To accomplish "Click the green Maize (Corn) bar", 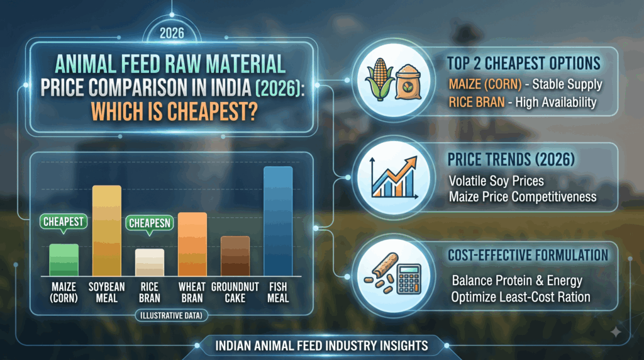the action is [x=64, y=260].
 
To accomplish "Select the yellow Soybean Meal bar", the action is [x=107, y=230].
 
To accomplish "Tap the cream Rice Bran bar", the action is [x=150, y=262].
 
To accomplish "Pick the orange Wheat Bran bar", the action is [x=192, y=244].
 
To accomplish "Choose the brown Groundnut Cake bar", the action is [x=235, y=256].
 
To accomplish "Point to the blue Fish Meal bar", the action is [x=278, y=221].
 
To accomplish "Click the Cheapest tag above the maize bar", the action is [x=64, y=222].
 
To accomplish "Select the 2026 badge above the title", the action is [x=172, y=33].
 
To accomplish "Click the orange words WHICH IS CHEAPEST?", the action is [x=174, y=111].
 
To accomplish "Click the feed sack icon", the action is [x=408, y=82].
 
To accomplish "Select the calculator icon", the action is [x=409, y=278].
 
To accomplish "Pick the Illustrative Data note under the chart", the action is [x=171, y=315].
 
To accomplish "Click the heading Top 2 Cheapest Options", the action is [x=524, y=64].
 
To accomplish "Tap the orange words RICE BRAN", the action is [x=477, y=102].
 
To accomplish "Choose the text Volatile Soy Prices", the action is [x=496, y=181].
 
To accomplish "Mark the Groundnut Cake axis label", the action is [x=235, y=293].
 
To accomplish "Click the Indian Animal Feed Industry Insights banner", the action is [x=321, y=346].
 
